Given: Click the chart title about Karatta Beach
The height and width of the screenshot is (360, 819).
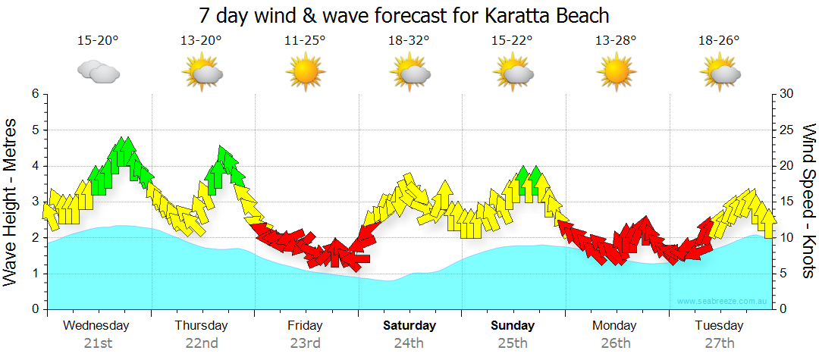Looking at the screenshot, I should (x=404, y=15).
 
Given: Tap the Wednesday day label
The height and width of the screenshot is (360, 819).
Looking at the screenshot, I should (x=96, y=326).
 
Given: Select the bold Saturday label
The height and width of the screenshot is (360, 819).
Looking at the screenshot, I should (x=409, y=326).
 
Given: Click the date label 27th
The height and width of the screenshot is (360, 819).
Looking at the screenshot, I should (x=720, y=343).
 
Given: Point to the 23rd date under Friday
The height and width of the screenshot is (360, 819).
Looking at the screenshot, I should (x=305, y=343).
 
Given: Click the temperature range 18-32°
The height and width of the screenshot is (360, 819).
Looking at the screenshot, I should (x=409, y=41).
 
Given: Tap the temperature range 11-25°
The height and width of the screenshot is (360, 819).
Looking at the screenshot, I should (x=306, y=41).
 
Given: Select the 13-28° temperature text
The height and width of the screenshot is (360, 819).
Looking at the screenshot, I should (x=615, y=41).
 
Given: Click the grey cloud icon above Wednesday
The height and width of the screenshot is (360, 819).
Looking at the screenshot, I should (x=99, y=73).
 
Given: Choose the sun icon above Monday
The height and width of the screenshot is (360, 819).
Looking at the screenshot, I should (x=615, y=72).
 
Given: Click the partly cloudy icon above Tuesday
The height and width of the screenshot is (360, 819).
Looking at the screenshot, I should (x=720, y=72).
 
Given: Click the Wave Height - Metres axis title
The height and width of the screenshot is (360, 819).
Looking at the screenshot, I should (x=11, y=202).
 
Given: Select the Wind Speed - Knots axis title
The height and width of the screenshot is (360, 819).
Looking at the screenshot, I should (x=808, y=202).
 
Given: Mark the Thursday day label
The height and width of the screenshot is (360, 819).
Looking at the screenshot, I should (x=201, y=326).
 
